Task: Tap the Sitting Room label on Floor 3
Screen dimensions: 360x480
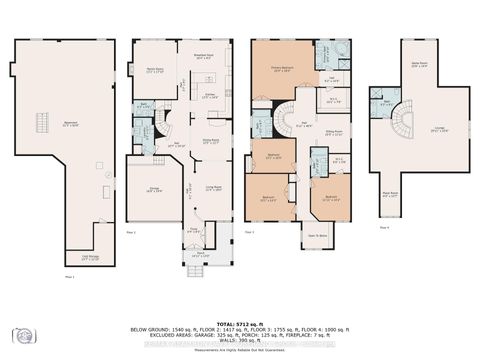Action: pos(331,130)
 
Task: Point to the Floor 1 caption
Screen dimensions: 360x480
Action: pos(69,275)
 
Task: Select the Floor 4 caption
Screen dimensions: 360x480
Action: pos(385,227)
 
